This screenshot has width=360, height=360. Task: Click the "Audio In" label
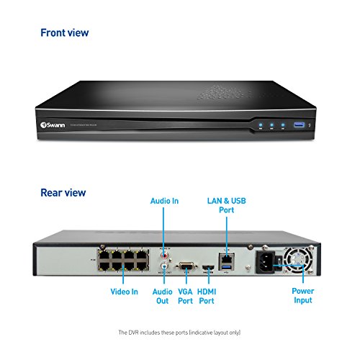(x=164, y=201)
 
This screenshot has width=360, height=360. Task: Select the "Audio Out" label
(x=163, y=296)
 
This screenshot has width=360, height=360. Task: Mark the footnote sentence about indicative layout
(x=180, y=333)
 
